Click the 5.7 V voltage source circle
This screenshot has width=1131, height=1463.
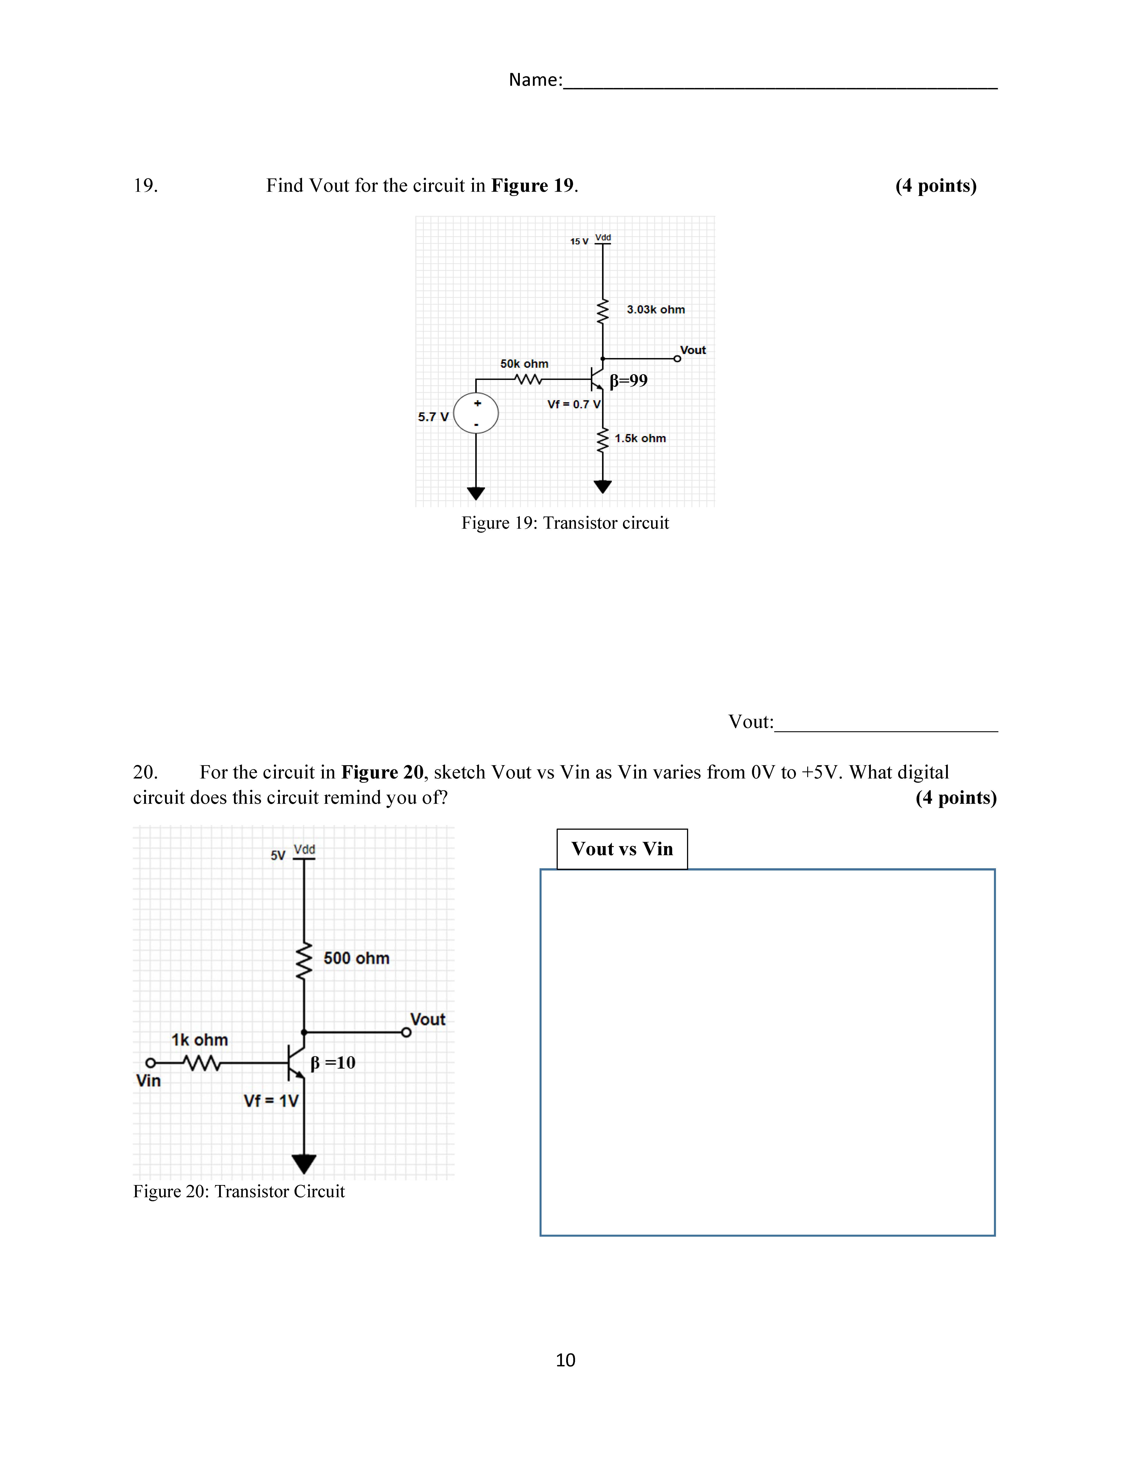(x=476, y=413)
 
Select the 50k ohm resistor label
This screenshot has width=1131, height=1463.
(x=524, y=364)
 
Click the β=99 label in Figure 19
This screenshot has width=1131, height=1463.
(x=628, y=380)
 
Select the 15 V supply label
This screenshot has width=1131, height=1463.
(x=579, y=241)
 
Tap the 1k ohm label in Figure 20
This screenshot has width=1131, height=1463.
(x=200, y=1040)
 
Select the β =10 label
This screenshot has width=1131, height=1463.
(x=333, y=1062)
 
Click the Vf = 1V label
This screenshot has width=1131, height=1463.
(x=271, y=1101)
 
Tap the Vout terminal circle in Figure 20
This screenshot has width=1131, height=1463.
(x=406, y=1032)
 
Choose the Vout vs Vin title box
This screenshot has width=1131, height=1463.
(x=622, y=849)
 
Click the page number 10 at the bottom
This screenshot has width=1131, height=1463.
(x=565, y=1360)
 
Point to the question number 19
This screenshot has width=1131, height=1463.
(x=145, y=186)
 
